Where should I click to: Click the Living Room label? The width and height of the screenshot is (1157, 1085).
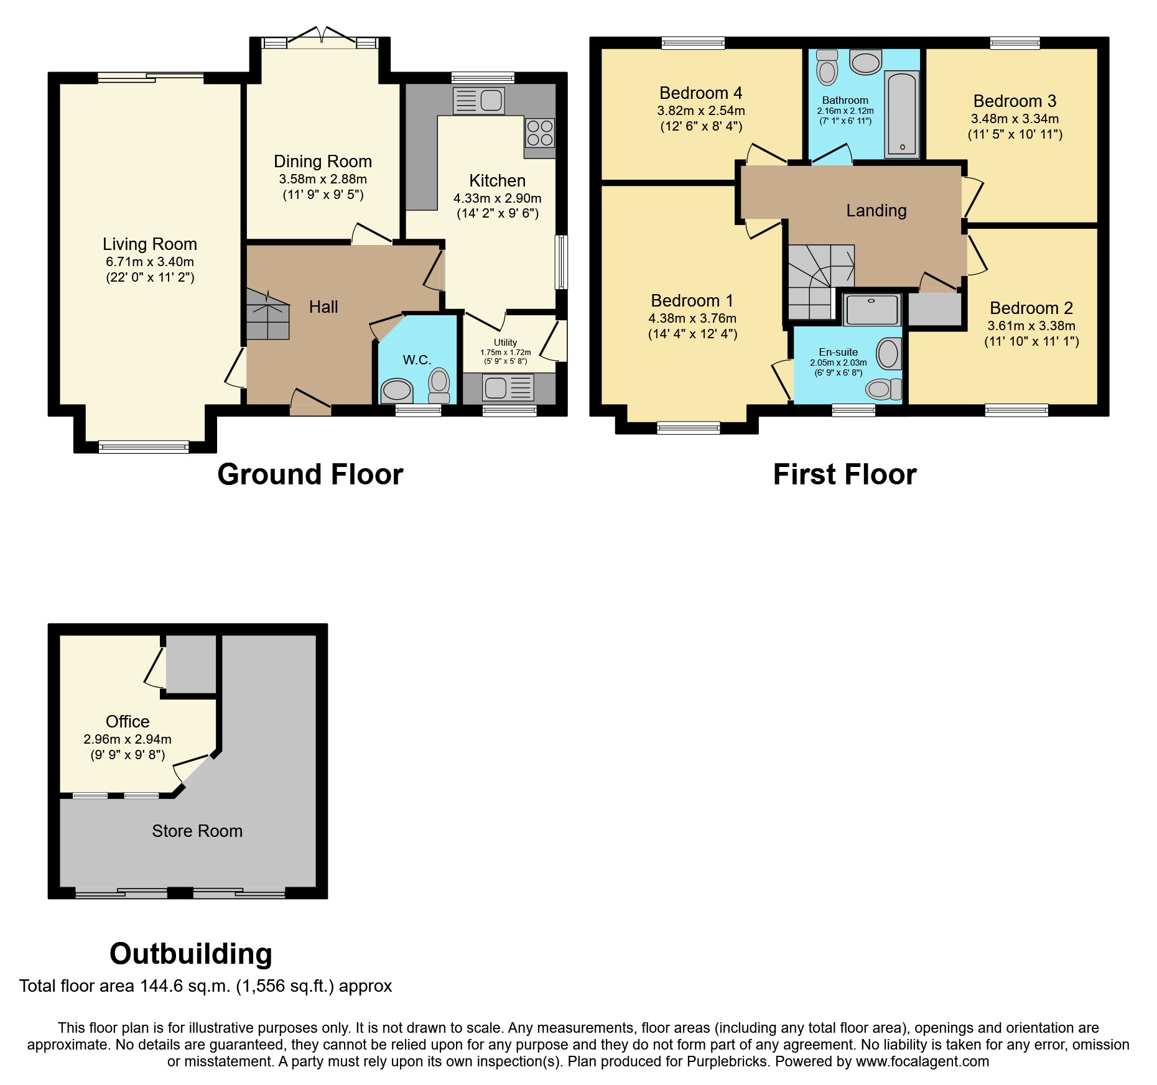click(x=149, y=244)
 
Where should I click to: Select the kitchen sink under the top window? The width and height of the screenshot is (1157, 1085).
click(x=479, y=100)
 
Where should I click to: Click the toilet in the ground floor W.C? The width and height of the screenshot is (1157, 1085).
click(x=439, y=386)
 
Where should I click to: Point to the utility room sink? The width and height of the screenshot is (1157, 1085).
click(x=508, y=388)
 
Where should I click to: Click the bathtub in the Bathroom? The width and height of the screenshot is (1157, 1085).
click(x=902, y=114)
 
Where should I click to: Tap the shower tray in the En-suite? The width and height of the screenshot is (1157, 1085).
click(x=872, y=310)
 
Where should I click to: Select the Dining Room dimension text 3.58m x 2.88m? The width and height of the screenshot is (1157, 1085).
click(x=322, y=179)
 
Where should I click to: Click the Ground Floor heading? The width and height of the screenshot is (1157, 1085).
click(x=310, y=474)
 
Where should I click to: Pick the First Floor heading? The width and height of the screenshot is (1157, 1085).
click(x=844, y=474)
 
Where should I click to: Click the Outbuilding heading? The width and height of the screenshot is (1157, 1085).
click(x=190, y=953)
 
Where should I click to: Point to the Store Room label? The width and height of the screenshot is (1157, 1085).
click(x=197, y=831)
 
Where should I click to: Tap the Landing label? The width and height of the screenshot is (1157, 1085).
click(x=876, y=211)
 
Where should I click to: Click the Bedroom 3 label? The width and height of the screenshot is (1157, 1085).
click(x=1015, y=101)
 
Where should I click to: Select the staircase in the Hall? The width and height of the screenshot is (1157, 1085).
click(x=267, y=314)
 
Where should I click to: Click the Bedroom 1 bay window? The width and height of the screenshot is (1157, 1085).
click(x=689, y=427)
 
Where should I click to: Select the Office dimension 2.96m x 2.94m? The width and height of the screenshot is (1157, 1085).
click(x=127, y=739)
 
